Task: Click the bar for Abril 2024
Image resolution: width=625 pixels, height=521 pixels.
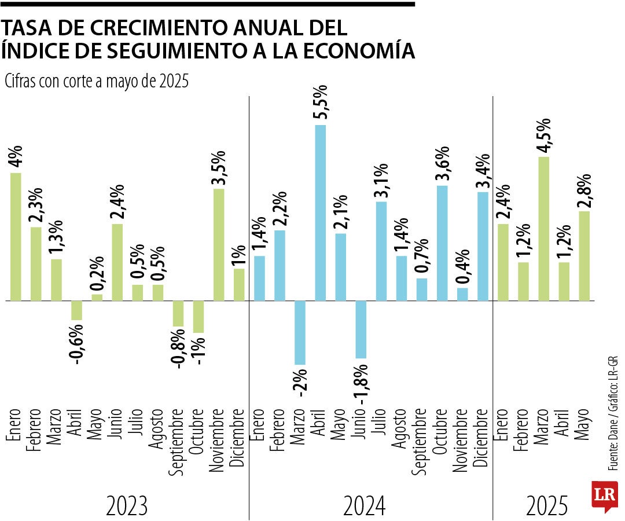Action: point(320,213)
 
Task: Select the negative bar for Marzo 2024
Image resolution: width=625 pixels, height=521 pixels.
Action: point(300,332)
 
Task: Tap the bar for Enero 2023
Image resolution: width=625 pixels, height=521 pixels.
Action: point(16,237)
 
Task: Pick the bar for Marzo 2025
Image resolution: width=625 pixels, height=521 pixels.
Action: point(543,229)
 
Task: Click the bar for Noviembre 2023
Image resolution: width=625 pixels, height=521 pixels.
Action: point(219,245)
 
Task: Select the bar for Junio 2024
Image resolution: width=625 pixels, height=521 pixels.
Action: point(361,329)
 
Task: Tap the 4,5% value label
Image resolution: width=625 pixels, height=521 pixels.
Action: point(545,134)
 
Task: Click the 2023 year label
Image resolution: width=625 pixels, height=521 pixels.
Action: point(127,507)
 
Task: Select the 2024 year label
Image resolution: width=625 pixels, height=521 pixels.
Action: point(364,507)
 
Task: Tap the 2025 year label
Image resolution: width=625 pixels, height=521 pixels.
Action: point(547,507)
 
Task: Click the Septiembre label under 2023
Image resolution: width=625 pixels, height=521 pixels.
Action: point(178,443)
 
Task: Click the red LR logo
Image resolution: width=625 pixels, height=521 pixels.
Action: point(604,496)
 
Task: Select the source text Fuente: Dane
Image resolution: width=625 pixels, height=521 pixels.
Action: point(612,446)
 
